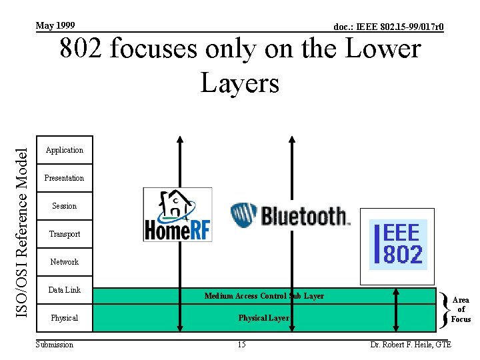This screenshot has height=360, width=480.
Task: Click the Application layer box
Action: [64, 150]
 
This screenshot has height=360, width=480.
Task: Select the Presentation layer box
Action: [64, 178]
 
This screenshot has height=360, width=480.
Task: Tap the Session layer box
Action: [64, 206]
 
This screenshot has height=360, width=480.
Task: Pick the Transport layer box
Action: [64, 234]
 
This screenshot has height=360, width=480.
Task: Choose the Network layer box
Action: [64, 262]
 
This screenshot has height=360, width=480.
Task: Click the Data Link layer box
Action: [64, 290]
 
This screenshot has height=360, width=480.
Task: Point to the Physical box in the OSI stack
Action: [64, 318]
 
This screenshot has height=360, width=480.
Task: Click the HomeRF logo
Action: [177, 215]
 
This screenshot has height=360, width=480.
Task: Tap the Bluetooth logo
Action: [290, 215]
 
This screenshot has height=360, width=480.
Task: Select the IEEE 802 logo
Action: [398, 239]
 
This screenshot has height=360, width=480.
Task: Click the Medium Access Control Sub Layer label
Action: [264, 296]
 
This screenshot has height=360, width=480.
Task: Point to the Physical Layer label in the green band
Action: [264, 318]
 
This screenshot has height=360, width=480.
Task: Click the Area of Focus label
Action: [461, 310]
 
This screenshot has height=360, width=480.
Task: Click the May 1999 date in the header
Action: [55, 25]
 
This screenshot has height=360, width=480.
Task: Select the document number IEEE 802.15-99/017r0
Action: [389, 27]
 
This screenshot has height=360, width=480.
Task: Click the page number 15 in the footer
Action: [242, 345]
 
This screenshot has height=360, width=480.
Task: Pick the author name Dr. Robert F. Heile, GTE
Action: [411, 345]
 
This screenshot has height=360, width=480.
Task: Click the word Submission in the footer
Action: [55, 345]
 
